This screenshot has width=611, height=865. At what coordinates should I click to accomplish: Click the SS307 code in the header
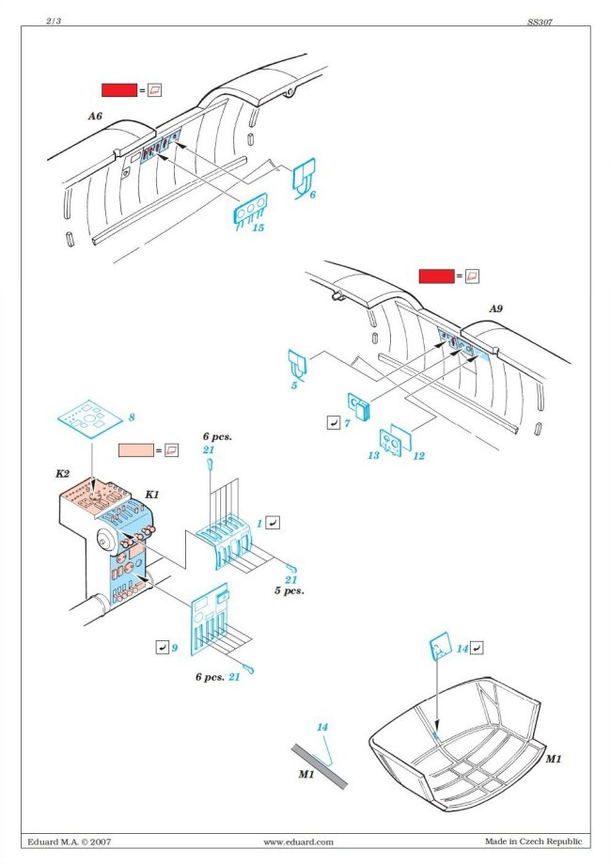540,20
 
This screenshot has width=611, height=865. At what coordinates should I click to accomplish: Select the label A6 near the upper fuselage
94,116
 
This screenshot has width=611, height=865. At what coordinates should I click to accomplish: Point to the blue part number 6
312,194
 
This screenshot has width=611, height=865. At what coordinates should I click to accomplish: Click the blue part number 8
132,417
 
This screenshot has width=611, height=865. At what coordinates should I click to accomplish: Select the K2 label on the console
63,475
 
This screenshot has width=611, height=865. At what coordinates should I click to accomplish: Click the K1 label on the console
149,494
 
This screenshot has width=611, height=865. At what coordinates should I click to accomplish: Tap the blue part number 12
418,456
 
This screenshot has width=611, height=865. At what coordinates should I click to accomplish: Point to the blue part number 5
293,385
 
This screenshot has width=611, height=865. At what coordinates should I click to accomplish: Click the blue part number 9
174,648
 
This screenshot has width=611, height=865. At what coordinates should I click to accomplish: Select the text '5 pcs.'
290,592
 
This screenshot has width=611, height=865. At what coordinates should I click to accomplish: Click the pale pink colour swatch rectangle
136,450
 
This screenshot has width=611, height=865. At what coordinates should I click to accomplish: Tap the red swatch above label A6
119,89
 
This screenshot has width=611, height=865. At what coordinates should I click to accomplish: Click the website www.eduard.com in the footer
298,842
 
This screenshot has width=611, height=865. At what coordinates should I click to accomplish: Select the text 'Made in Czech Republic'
533,841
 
